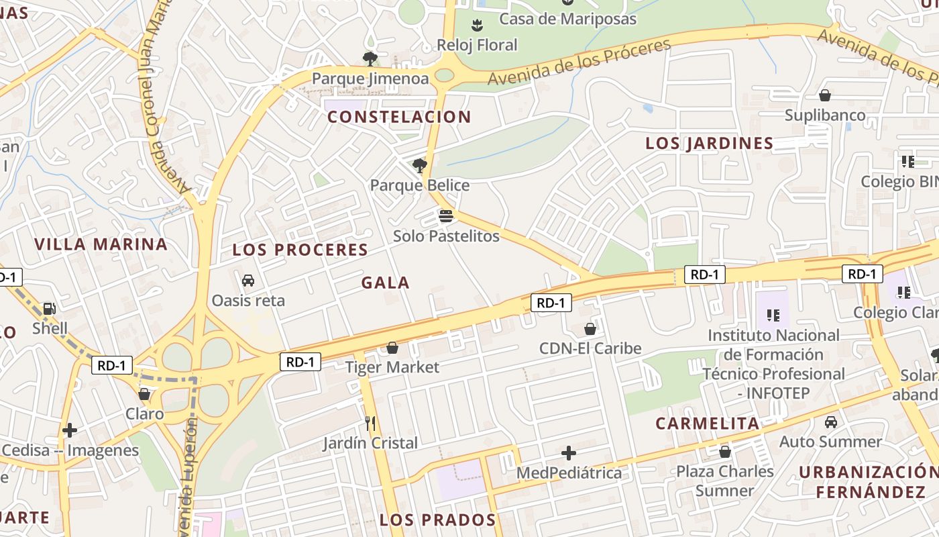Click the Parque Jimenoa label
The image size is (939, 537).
point(370,79)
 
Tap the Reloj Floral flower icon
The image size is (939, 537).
point(477,26)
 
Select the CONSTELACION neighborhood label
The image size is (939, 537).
point(399,117)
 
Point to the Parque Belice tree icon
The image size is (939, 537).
point(420,165)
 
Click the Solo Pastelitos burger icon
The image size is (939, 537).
point(446,216)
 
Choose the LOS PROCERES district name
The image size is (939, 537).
point(300,250)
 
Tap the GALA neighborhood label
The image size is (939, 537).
point(385,283)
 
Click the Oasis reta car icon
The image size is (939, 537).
point(248,280)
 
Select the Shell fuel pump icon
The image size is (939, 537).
point(50,309)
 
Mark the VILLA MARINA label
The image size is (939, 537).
point(101,244)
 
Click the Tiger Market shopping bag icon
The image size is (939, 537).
point(392,348)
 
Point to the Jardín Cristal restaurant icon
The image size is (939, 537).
point(370,423)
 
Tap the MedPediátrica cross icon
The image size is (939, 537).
point(569,453)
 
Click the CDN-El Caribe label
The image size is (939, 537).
point(590,348)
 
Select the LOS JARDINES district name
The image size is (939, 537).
point(709,143)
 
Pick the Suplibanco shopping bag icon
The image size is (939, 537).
point(825,95)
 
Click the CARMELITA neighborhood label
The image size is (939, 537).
point(707,424)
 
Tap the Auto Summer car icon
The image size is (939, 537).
point(831,422)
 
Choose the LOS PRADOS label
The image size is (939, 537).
point(437,520)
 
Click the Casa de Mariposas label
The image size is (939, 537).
point(567,19)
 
